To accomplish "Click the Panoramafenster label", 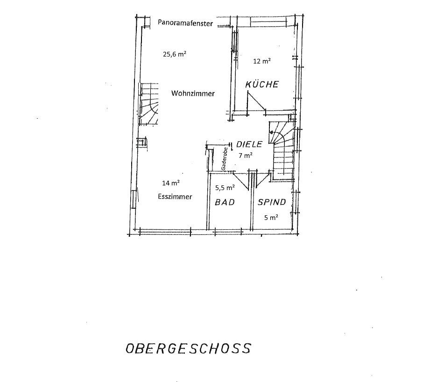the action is click(185, 23).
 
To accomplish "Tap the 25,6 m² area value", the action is click(175, 54).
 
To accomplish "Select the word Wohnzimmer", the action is click(193, 93).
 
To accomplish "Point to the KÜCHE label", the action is click(262, 84).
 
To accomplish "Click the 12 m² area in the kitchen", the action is click(262, 61).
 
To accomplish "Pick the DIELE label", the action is click(249, 144).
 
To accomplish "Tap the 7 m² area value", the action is click(246, 155).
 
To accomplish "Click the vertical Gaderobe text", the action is click(224, 159).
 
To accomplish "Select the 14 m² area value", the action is click(171, 183).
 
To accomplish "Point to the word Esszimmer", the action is click(175, 197).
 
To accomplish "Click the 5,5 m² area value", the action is click(225, 187).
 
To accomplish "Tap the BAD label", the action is click(225, 202).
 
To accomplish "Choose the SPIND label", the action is click(272, 202).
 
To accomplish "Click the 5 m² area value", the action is click(271, 217).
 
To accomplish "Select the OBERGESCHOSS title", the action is click(188, 348).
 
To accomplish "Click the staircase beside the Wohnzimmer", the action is click(148, 104).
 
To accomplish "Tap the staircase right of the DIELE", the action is click(283, 150).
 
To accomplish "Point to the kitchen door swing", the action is click(256, 102).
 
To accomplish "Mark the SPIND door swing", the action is click(262, 178).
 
